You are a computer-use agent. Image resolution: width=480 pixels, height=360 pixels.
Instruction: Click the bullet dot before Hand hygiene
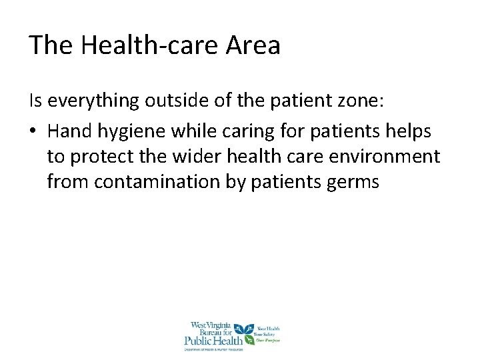click(x=33, y=131)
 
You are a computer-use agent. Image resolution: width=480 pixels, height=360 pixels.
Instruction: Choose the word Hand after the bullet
click(x=68, y=131)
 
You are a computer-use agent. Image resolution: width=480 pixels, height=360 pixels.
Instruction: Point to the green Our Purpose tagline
click(x=269, y=341)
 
